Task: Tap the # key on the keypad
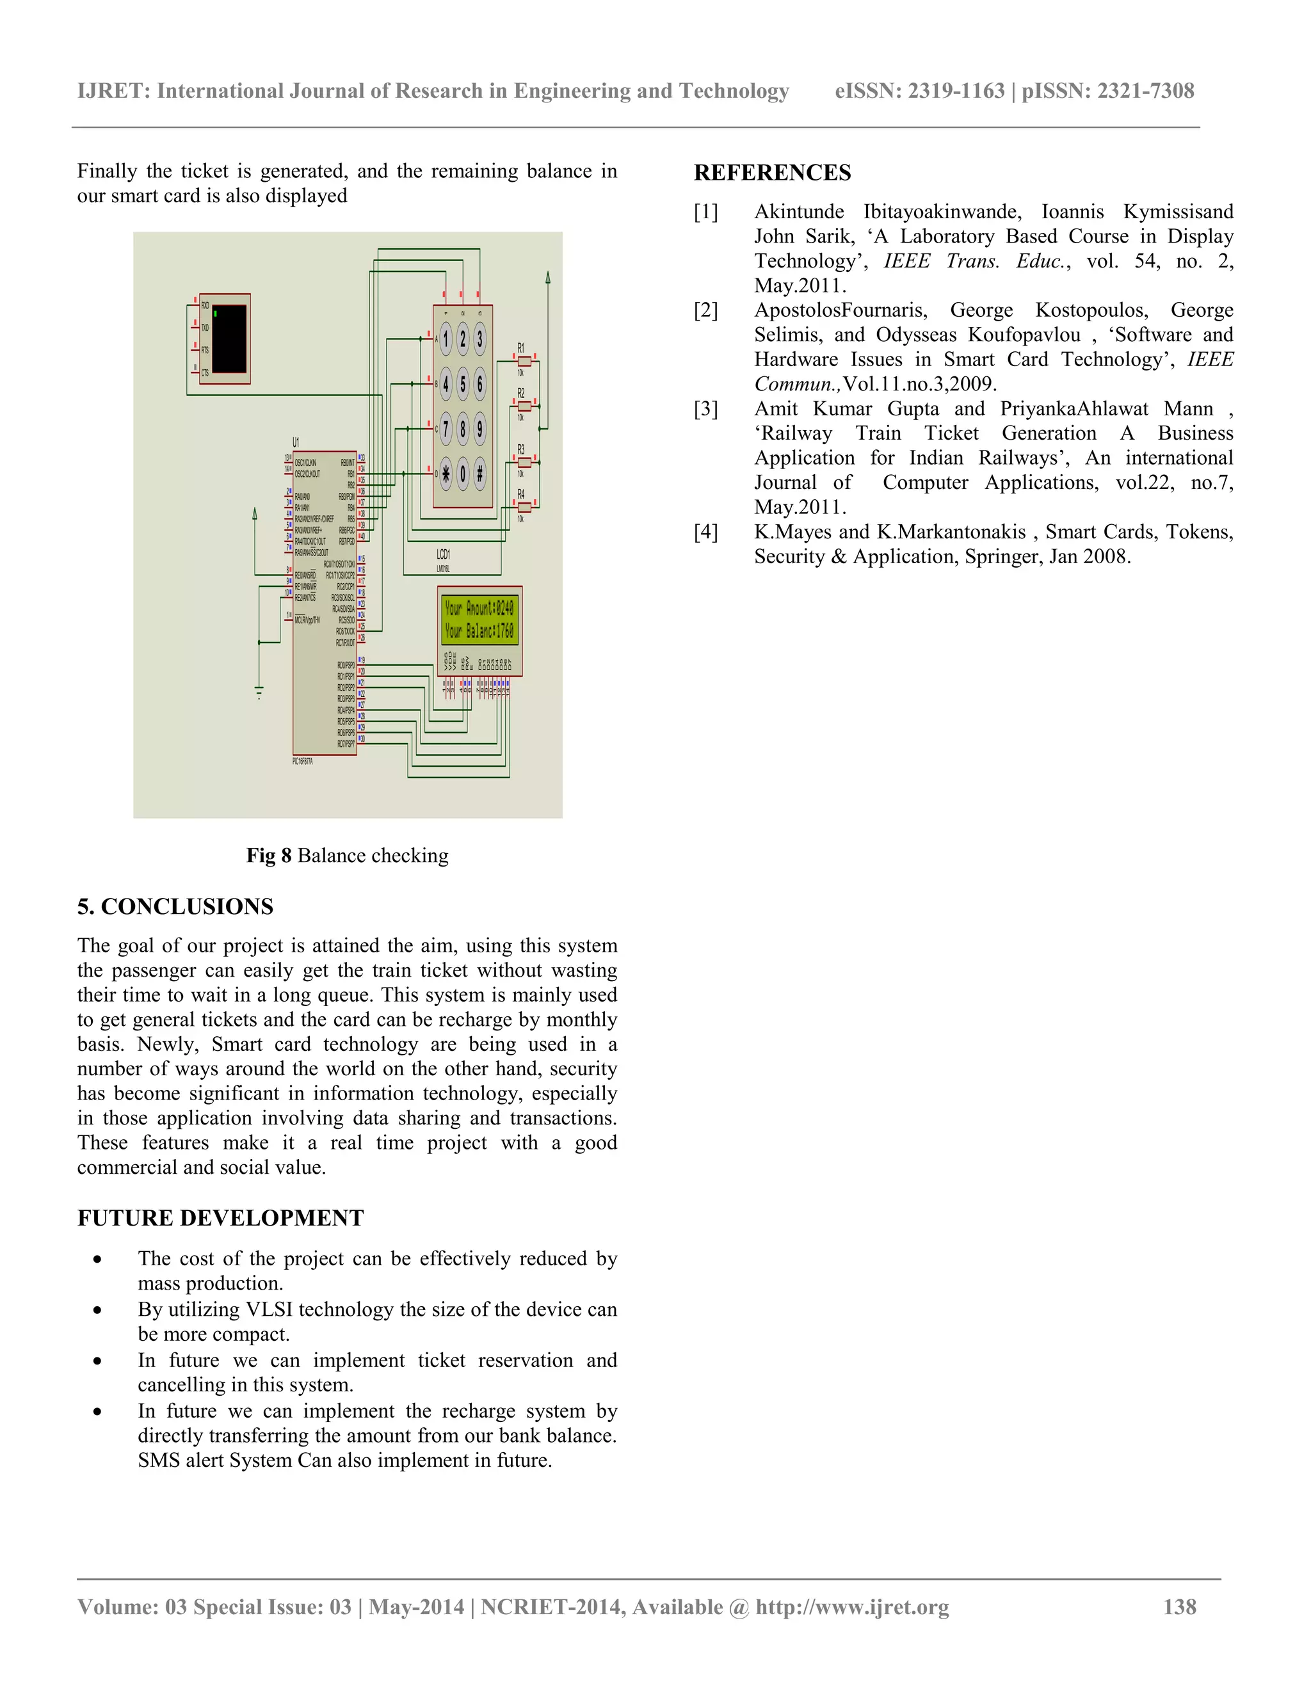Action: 480,474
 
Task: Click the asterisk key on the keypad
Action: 446,474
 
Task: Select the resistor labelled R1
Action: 525,360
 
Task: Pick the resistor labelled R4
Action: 525,507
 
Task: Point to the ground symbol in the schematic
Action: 259,691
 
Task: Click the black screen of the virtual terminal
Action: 229,339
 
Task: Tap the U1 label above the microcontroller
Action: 296,442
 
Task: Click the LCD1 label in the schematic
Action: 444,554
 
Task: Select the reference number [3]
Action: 706,408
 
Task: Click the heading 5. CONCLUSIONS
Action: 175,906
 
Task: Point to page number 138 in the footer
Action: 1179,1606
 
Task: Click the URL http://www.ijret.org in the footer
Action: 852,1606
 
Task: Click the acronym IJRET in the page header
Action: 113,91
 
